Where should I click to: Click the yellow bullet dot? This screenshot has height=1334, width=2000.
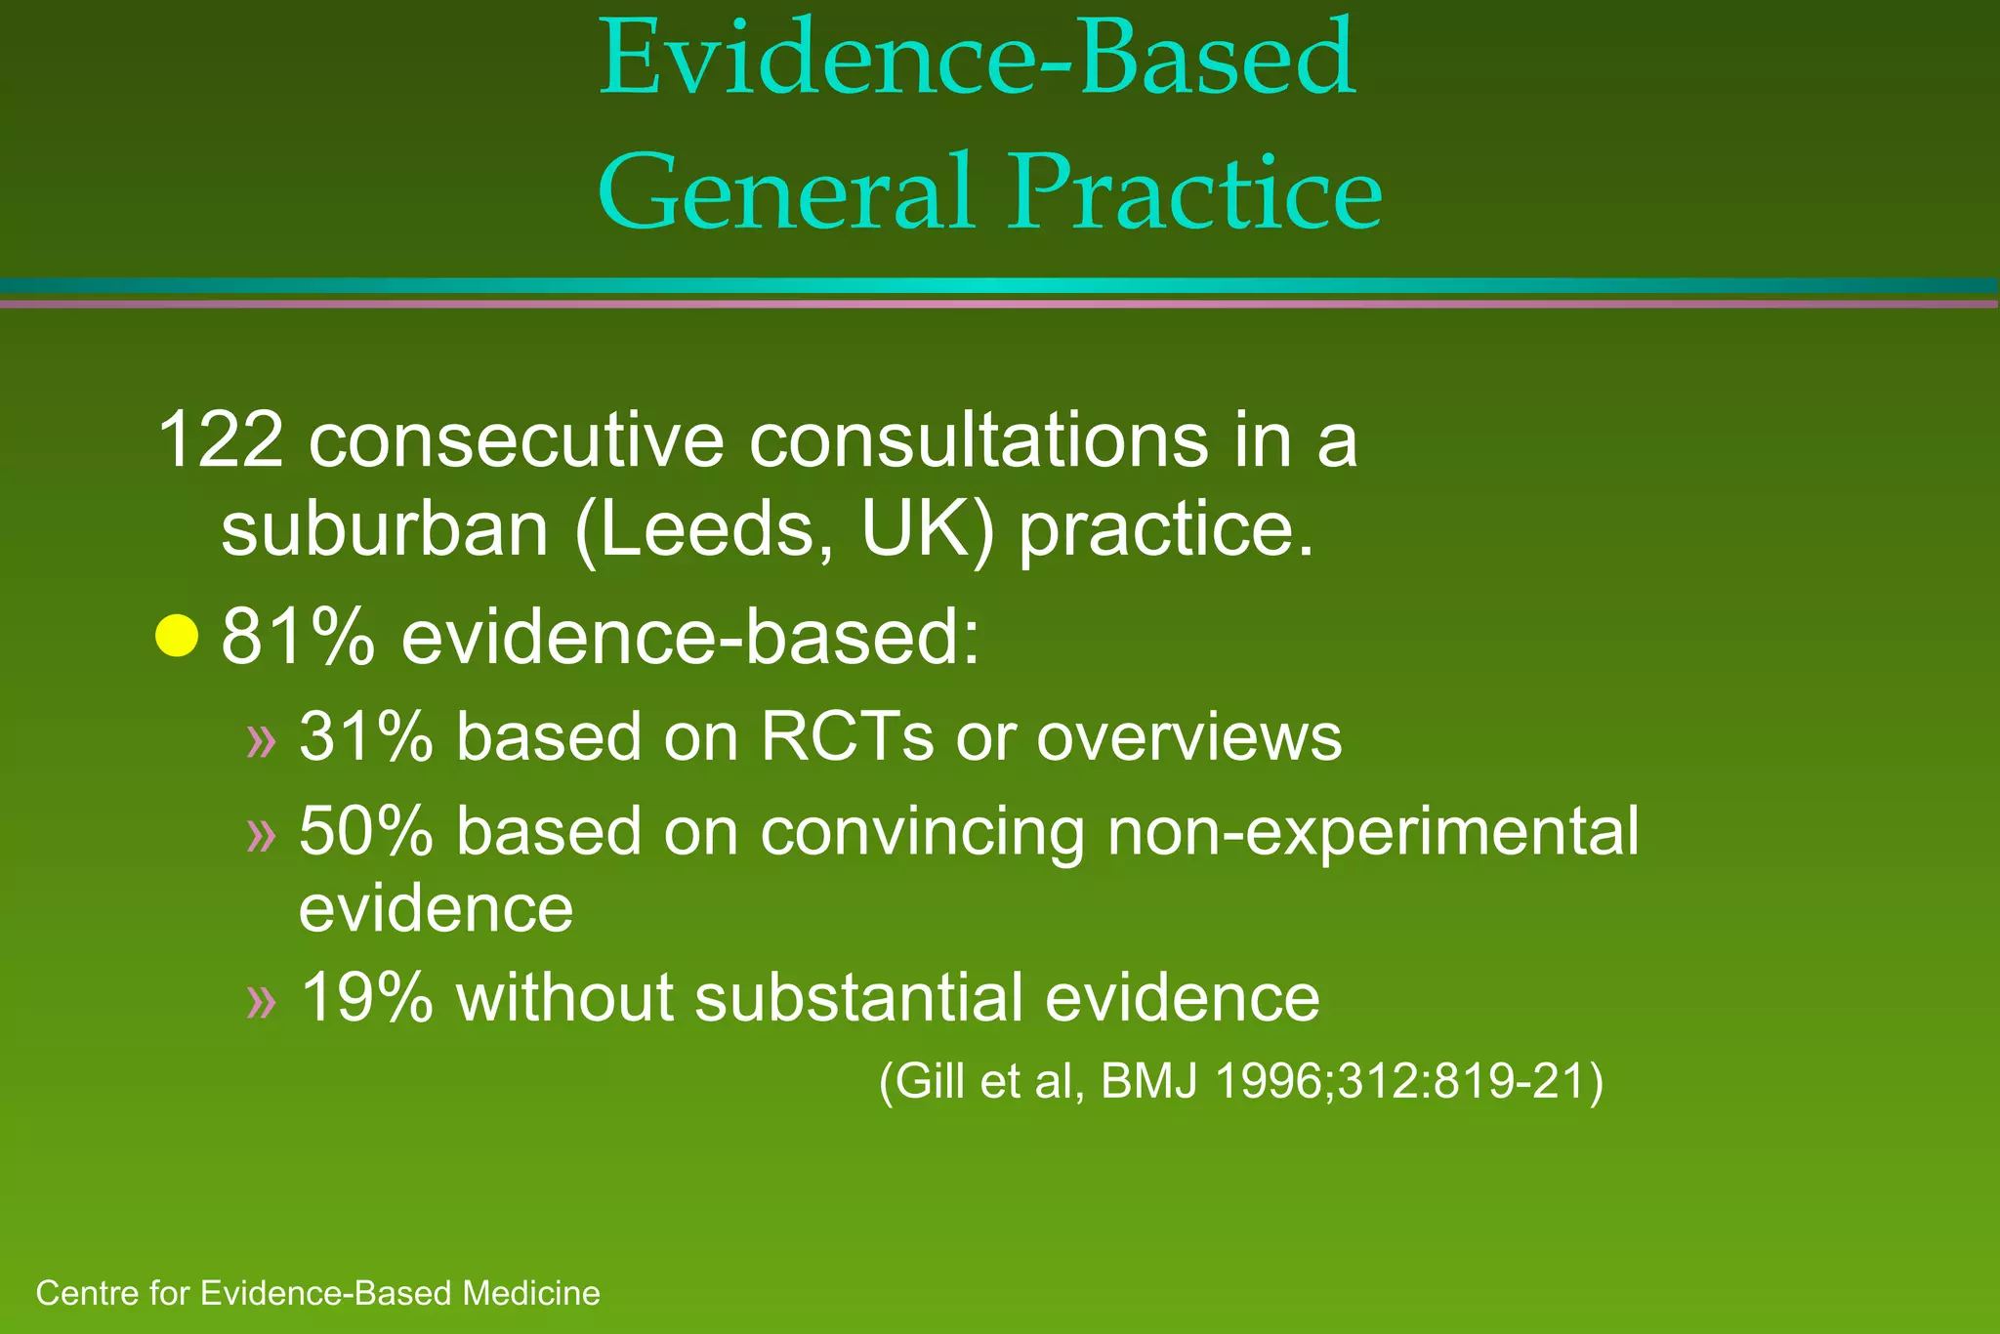pyautogui.click(x=177, y=638)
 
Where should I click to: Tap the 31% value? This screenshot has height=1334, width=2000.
pyautogui.click(x=365, y=736)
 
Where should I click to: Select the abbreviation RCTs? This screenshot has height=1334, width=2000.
pyautogui.click(x=847, y=736)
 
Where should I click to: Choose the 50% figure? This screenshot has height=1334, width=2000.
pyautogui.click(x=365, y=832)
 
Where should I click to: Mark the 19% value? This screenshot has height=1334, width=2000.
pyautogui.click(x=365, y=998)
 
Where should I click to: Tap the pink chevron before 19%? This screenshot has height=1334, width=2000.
pyautogui.click(x=262, y=1002)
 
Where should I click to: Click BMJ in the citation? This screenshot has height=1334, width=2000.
pyautogui.click(x=1148, y=1082)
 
